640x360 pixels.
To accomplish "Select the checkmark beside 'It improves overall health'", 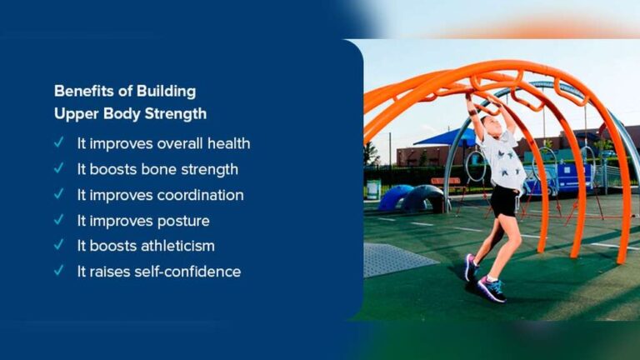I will click(59, 142).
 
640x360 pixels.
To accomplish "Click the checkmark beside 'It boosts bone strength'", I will click(59, 168).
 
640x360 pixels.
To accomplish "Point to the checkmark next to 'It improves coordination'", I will click(59, 194).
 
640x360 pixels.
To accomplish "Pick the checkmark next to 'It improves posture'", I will click(59, 220).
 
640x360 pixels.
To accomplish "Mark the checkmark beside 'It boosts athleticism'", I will click(59, 246).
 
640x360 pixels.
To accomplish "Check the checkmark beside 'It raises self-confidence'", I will click(59, 271).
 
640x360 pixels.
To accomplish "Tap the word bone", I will click(163, 169).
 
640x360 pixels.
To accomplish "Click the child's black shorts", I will click(504, 201).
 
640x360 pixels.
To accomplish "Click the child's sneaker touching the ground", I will click(492, 288).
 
